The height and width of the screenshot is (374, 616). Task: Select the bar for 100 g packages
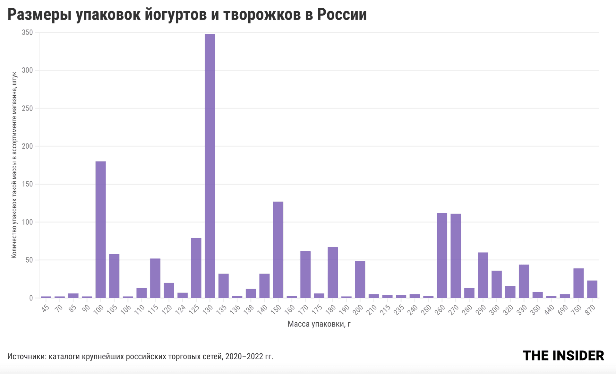tap(100, 230)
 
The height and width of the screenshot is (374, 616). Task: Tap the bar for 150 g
tap(278, 249)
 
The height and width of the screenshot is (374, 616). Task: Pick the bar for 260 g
tap(442, 255)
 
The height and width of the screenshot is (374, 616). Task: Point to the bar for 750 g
tap(578, 283)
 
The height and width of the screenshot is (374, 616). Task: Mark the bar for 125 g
tap(196, 268)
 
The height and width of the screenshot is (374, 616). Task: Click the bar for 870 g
tap(592, 289)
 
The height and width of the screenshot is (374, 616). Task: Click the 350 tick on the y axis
tap(27, 32)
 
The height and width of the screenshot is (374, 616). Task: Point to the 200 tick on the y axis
tap(27, 146)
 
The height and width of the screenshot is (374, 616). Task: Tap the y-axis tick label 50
tap(29, 260)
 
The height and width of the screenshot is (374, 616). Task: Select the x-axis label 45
tap(46, 308)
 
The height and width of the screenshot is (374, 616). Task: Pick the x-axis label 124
tap(181, 309)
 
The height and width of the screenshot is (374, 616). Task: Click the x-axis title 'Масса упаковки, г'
tap(319, 324)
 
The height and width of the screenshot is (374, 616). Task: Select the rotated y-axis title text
tap(14, 165)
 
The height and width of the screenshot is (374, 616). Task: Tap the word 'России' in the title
tap(342, 15)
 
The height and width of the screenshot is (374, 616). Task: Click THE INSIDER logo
tap(563, 356)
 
